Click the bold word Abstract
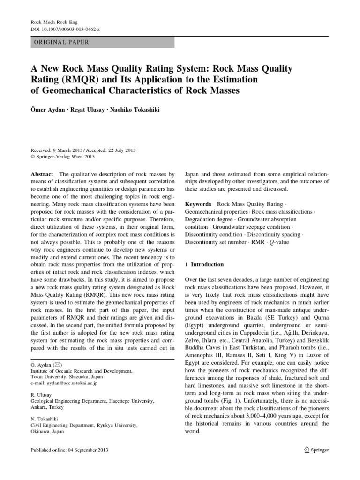click(x=42, y=173)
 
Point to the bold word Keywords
click(x=198, y=205)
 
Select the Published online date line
click(x=69, y=450)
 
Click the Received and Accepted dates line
click(x=82, y=150)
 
